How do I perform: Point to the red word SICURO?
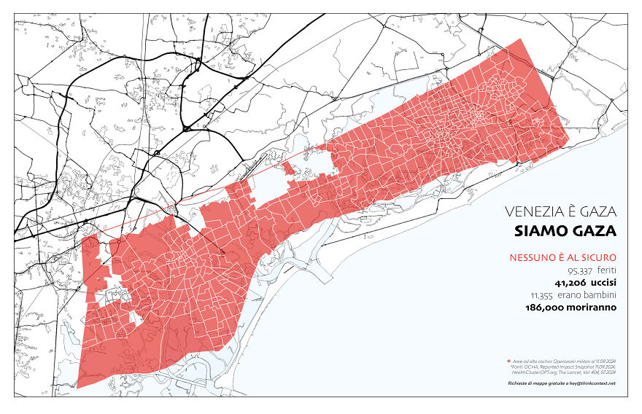600,257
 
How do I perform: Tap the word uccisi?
600,283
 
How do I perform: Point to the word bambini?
601,295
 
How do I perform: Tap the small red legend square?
508,361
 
